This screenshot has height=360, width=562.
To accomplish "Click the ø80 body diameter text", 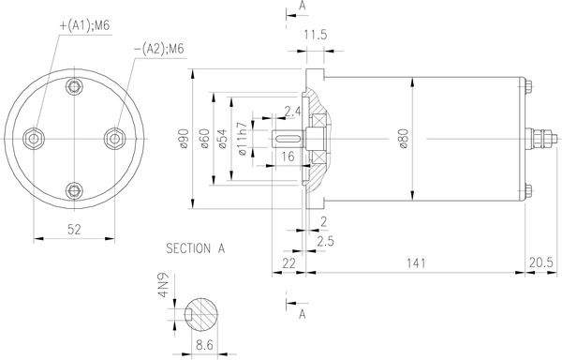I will [x=404, y=139].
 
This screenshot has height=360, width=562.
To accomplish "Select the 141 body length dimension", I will [x=412, y=264].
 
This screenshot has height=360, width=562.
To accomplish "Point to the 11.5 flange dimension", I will [x=316, y=36].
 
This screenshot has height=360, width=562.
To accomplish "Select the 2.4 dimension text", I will [x=291, y=112].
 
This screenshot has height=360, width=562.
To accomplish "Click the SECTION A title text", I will [x=195, y=249].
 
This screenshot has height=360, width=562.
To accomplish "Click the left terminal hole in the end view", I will [x=36, y=139].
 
